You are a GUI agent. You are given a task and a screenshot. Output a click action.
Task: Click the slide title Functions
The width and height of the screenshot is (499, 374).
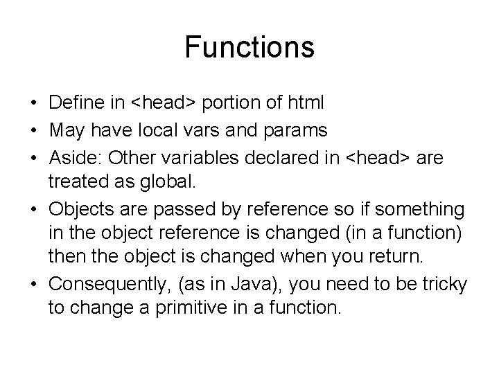click(249, 48)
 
